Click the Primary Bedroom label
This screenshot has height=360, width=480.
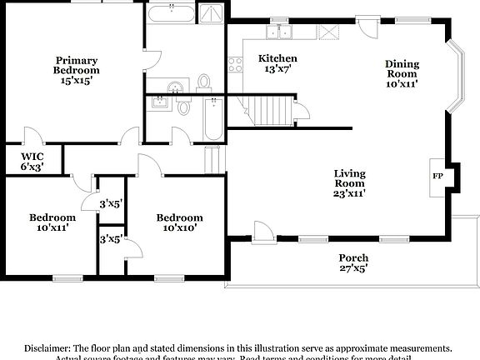tap(77, 71)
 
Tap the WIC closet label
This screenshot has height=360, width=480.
tap(32, 161)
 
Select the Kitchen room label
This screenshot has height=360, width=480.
tap(277, 63)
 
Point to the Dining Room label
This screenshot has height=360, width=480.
tap(402, 73)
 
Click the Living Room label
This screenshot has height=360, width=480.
tap(350, 183)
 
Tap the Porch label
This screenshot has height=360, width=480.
tap(353, 262)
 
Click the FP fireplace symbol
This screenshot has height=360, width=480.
tap(437, 177)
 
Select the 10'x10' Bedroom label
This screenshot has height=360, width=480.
tap(180, 222)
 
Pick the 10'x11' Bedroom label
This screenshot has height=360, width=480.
tap(52, 222)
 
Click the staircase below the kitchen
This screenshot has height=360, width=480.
tap(267, 109)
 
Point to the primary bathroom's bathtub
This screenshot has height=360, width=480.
tap(171, 13)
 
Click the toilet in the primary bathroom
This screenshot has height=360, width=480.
tap(204, 82)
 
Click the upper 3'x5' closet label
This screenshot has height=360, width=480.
tap(111, 202)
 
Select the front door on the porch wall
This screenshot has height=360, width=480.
tap(263, 231)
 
